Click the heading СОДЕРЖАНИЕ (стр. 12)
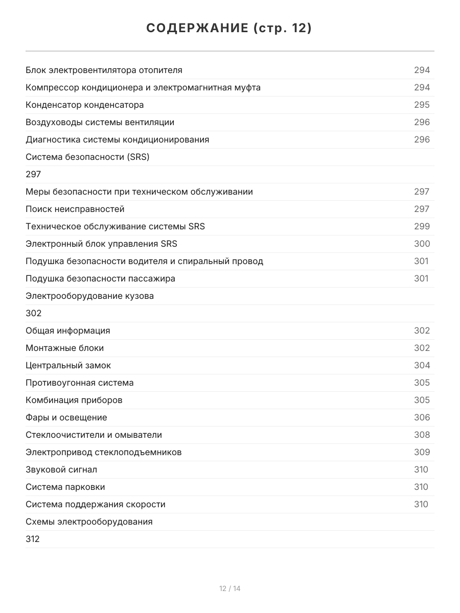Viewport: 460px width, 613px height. pos(229,29)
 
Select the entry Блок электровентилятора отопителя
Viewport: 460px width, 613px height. pos(104,70)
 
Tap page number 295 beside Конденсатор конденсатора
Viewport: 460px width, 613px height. pos(422,105)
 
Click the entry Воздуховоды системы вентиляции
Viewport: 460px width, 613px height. pos(100,122)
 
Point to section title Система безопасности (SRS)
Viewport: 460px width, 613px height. pos(87,157)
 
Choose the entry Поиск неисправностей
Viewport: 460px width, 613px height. pos(75,209)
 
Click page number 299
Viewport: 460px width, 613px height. pos(422,226)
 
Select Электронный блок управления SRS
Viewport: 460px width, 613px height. pos(101,244)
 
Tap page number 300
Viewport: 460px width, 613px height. pos(422,244)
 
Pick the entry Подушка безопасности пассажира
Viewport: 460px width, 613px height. pos(100,278)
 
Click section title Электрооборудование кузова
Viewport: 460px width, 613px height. pos(89,296)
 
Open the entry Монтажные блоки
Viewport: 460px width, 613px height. pos(64,348)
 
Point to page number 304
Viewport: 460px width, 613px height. pos(422,365)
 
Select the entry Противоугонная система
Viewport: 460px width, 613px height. pos(79,383)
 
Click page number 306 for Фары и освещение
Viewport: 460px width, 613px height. pos(422,417)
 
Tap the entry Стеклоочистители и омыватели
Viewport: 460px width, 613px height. pos(94,435)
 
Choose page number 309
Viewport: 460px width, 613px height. pos(422,452)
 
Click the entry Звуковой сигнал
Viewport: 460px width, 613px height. pos(61,469)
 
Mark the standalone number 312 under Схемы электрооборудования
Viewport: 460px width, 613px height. pos(33,539)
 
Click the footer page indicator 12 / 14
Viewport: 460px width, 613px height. pos(230,588)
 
